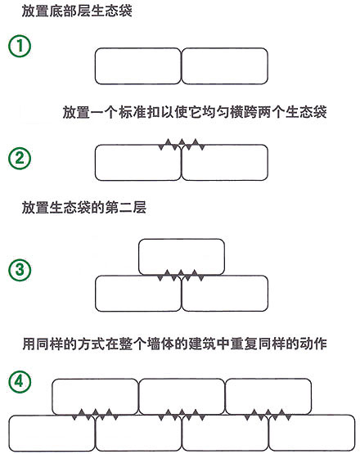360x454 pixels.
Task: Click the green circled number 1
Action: (x=20, y=46)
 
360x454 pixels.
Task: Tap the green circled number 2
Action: (x=20, y=158)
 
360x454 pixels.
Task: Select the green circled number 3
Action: (x=20, y=270)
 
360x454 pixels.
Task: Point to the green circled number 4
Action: (x=20, y=381)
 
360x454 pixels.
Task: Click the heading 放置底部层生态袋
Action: (x=77, y=11)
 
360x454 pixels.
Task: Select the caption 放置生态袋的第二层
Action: (x=84, y=207)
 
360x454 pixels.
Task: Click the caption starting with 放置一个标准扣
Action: (x=195, y=112)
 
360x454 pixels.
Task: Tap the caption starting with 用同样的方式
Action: (x=174, y=344)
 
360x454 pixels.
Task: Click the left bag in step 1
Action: (x=137, y=66)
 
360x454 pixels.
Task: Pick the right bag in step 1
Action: (x=224, y=66)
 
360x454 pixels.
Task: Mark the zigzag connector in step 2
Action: (x=182, y=145)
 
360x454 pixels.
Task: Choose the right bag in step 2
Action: (x=224, y=163)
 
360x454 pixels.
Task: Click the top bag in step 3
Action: (x=182, y=257)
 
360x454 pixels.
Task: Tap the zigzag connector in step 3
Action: (x=181, y=276)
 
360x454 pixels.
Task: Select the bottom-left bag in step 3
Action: (x=138, y=294)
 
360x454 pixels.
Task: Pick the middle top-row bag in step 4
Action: (x=182, y=397)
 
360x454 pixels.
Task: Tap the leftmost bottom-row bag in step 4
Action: (x=52, y=434)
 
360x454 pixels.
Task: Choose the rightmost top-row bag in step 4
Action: (x=268, y=397)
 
